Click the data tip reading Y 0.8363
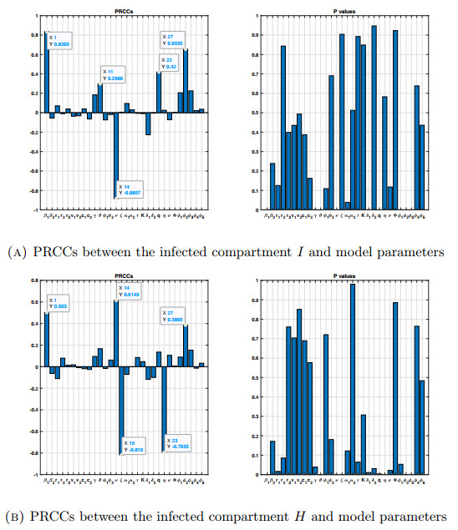(60, 40)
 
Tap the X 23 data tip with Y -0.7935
(179, 442)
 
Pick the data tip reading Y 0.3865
(174, 315)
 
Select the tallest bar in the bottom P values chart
(352, 379)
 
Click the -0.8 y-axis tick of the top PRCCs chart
(35, 190)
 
